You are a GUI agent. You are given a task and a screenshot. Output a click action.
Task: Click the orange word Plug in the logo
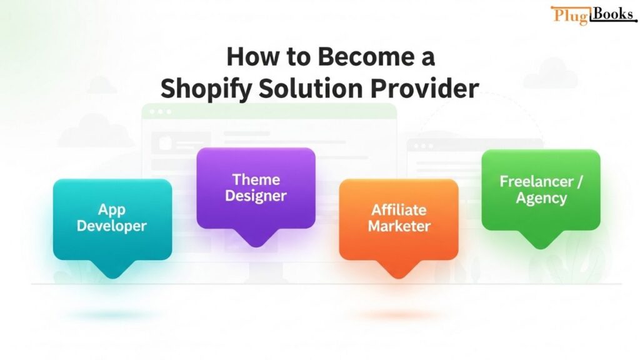point(571,16)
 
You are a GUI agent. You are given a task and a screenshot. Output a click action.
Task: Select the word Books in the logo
point(612,14)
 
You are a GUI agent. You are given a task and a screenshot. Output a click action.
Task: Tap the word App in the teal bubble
point(111,210)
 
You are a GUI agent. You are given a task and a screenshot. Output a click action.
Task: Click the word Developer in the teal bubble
point(111,226)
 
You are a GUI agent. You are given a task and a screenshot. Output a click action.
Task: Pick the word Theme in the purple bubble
point(256,179)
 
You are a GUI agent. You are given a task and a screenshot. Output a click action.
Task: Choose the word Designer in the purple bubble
point(256,196)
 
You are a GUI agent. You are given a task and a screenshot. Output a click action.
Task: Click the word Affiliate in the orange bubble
point(399,210)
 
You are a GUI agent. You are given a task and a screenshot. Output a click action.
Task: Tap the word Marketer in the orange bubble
point(399,226)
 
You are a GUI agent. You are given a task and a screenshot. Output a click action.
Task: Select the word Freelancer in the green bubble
point(536,181)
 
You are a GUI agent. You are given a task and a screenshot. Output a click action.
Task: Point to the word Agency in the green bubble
point(541,198)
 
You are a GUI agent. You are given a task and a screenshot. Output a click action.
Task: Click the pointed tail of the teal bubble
point(112,276)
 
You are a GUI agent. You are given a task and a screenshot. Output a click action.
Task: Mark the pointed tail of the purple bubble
point(256,244)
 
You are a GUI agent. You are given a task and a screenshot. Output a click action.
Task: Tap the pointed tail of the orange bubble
point(399,276)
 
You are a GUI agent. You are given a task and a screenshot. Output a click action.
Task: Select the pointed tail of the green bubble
point(541,246)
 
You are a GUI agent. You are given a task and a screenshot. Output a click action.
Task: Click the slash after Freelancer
point(579,182)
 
